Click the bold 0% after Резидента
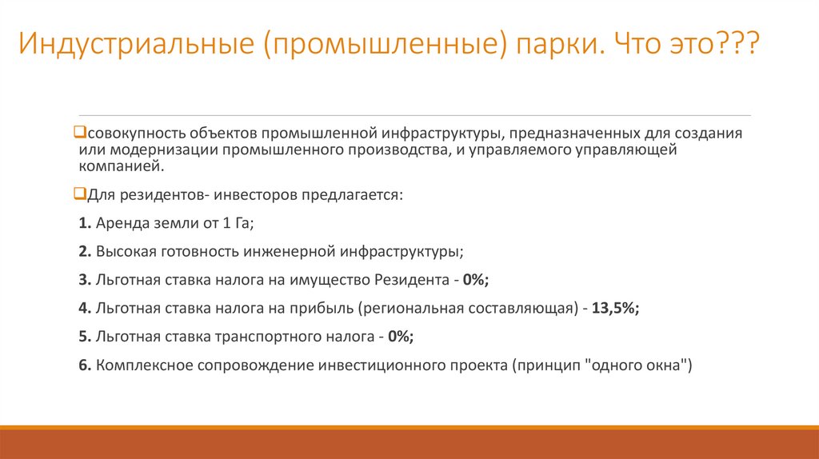(x=476, y=279)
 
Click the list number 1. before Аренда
(x=85, y=223)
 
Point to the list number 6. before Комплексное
(x=85, y=365)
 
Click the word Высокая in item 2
(x=124, y=251)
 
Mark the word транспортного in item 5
(x=263, y=337)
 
